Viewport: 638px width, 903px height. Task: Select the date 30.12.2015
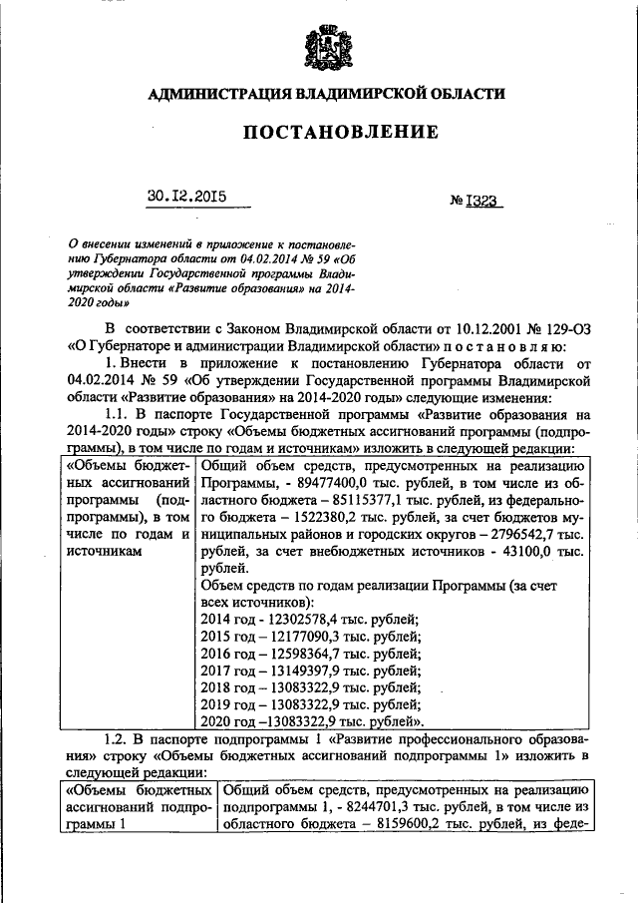point(186,197)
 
